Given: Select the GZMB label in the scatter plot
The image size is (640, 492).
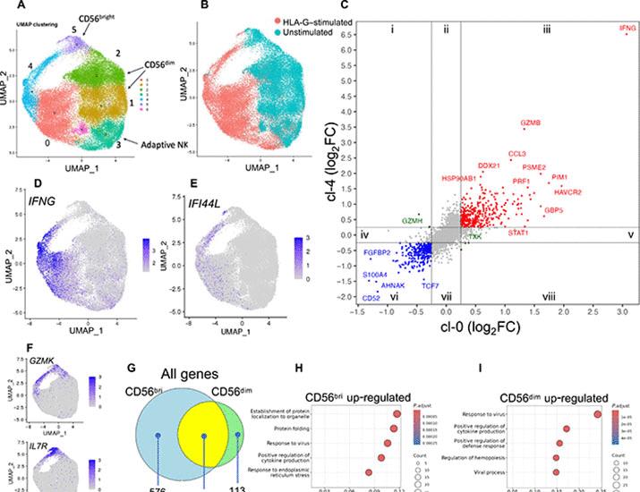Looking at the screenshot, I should [x=530, y=123].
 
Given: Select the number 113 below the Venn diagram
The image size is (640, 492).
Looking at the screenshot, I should [x=236, y=488].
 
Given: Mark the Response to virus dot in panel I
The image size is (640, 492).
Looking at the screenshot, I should [x=598, y=413].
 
